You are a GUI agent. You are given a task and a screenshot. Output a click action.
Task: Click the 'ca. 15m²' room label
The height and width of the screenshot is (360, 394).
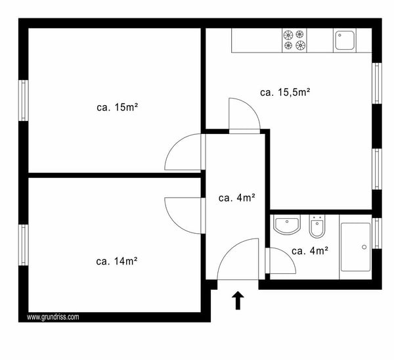pyautogui.click(x=116, y=107)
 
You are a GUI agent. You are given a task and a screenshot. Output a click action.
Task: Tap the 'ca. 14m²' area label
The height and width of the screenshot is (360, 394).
pyautogui.click(x=116, y=261)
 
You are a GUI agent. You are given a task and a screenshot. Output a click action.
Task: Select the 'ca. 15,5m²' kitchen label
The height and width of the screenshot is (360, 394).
pyautogui.click(x=285, y=93)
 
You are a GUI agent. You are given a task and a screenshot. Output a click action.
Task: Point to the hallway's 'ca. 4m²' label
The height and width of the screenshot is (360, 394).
pyautogui.click(x=236, y=196)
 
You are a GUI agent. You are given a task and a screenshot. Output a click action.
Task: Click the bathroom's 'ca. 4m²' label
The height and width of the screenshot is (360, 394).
pyautogui.click(x=309, y=250)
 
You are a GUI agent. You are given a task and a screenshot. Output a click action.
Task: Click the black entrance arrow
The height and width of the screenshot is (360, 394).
pyautogui.click(x=238, y=300)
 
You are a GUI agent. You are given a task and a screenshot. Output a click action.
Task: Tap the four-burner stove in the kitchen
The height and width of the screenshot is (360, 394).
pyautogui.click(x=294, y=40)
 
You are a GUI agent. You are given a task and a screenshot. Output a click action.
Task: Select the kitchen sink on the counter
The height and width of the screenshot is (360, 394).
pyautogui.click(x=345, y=41)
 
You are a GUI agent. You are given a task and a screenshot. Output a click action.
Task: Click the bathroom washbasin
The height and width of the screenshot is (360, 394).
pyautogui.click(x=286, y=227)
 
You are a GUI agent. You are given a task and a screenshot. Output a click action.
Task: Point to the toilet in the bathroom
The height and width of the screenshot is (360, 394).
pyautogui.click(x=317, y=227)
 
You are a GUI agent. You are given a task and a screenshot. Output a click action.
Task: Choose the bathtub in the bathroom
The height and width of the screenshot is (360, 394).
pyautogui.click(x=355, y=248)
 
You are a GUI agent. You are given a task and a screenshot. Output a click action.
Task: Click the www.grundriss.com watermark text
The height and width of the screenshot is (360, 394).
pyautogui.click(x=53, y=317)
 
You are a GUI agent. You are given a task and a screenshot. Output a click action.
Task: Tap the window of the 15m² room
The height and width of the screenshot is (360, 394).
pyautogui.click(x=23, y=100)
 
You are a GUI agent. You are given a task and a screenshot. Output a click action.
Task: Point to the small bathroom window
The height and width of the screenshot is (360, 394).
pyautogui.click(x=376, y=233)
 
